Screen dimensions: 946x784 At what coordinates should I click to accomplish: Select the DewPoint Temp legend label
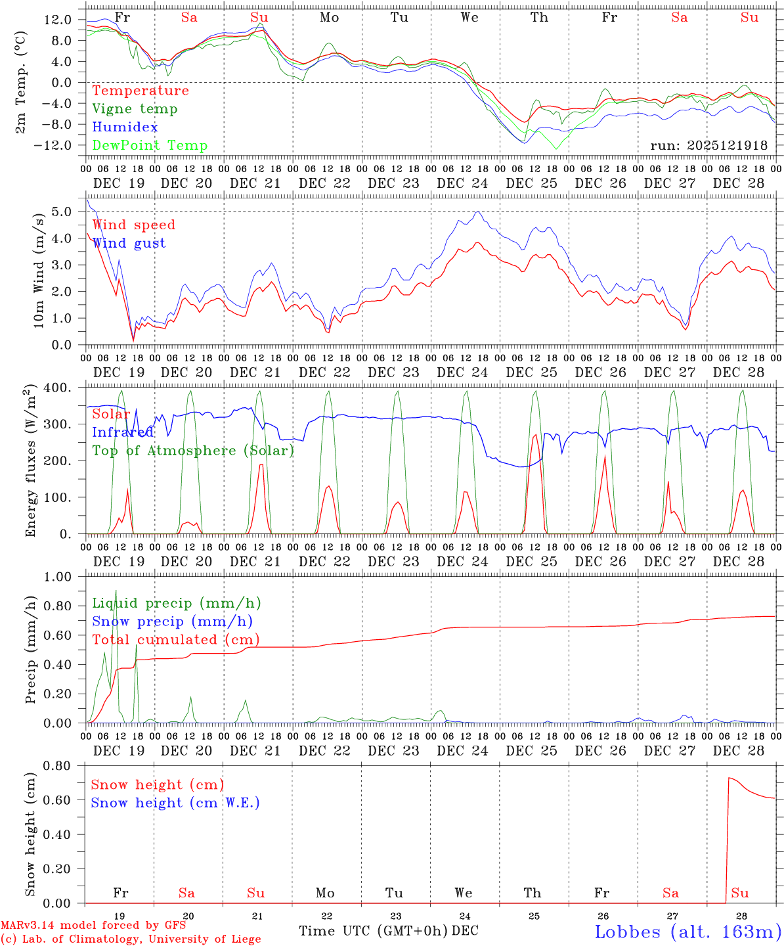point(150,146)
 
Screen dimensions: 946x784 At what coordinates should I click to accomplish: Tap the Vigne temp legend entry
point(135,109)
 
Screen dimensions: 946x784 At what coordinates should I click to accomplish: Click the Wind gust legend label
point(129,243)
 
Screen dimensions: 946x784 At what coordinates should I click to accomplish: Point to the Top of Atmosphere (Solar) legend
point(192,451)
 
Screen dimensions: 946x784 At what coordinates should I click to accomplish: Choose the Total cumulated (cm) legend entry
point(175,639)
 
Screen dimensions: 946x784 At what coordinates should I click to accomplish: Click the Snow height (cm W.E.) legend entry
point(175,803)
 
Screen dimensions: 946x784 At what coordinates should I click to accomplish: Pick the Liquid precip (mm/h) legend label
point(176,603)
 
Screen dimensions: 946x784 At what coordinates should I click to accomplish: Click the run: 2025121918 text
point(708,146)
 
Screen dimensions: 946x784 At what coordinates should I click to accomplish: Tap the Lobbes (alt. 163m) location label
point(687,932)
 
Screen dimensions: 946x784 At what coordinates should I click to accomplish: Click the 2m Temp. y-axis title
point(21,82)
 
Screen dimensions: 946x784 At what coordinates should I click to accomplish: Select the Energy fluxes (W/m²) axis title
point(30,462)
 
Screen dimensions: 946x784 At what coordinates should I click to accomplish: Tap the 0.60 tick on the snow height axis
point(57,800)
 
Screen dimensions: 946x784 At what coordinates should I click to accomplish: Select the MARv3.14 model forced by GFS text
point(93,926)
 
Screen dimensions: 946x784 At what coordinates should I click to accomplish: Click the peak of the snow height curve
point(729,778)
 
